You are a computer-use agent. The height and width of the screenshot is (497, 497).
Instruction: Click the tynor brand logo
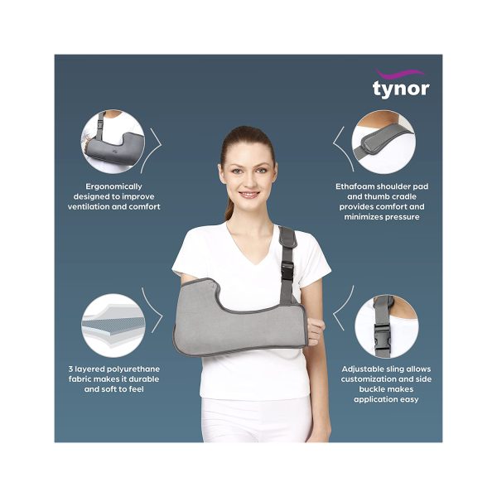click(401, 83)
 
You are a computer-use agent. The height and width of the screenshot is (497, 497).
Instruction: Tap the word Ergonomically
click(113, 186)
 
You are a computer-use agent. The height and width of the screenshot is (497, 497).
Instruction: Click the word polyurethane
click(133, 369)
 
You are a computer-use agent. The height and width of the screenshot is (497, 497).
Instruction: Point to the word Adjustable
click(363, 369)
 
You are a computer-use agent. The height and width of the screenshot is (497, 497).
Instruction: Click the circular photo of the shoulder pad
click(384, 142)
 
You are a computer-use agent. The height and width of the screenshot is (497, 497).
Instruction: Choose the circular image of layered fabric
click(113, 326)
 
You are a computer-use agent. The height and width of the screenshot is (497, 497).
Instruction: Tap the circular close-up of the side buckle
click(386, 326)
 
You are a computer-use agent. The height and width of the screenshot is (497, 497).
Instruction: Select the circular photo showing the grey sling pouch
click(113, 142)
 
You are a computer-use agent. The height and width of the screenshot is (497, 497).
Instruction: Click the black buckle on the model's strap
click(287, 271)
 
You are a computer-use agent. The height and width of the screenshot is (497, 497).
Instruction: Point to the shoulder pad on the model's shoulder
click(287, 237)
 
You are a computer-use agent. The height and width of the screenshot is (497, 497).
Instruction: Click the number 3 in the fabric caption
click(70, 369)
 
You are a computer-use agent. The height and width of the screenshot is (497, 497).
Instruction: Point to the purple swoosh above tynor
click(400, 75)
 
